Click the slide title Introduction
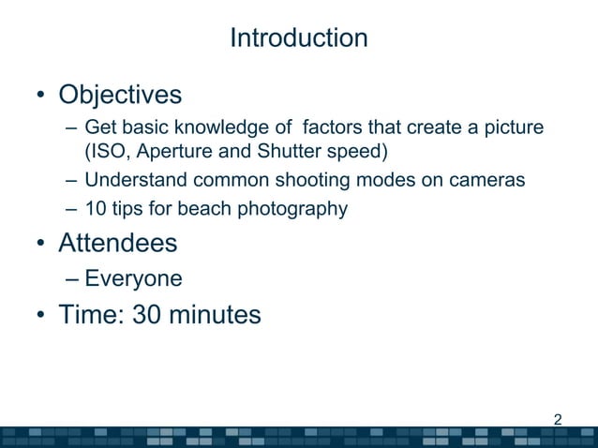298,38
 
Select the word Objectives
120,96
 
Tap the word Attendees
117,244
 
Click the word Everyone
133,279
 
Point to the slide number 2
559,419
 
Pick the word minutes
215,315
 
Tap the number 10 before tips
95,209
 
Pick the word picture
514,127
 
